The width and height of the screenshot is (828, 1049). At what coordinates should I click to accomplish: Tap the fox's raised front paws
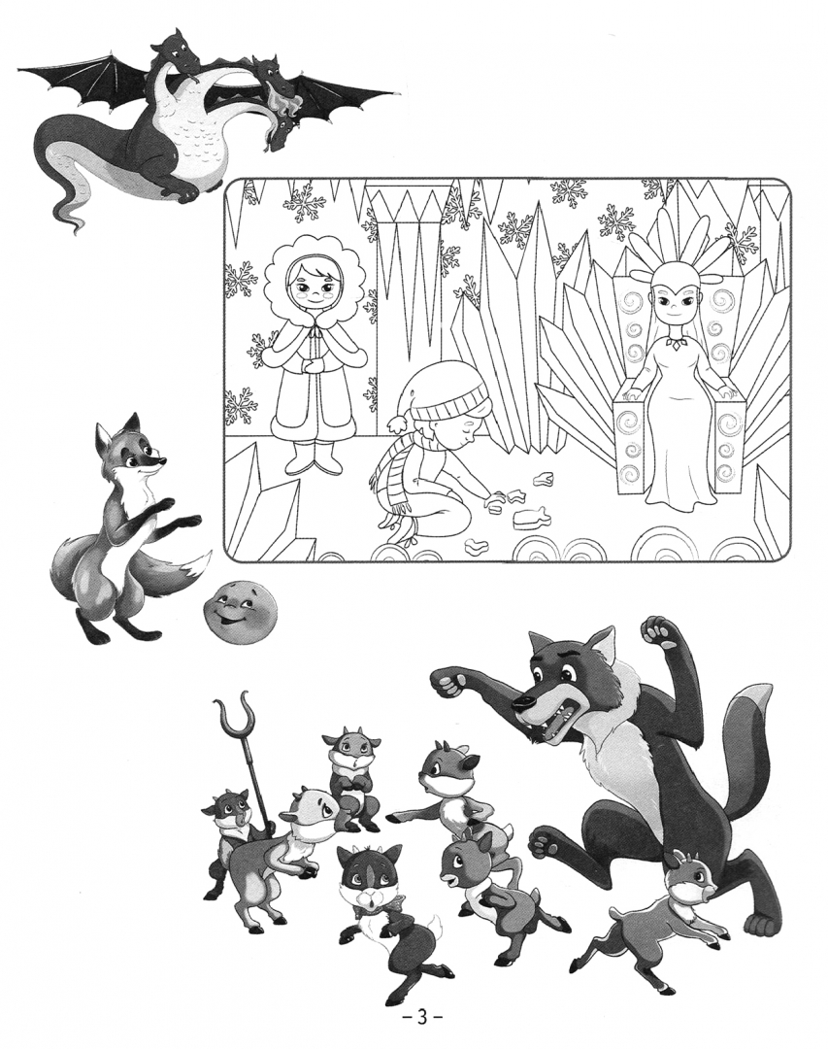click(x=176, y=512)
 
